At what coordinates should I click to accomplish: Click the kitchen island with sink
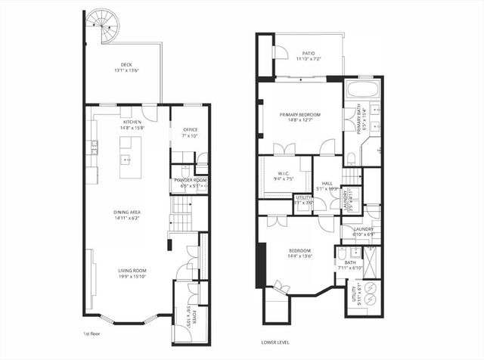click(x=127, y=154)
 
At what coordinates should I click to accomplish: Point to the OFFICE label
click(x=190, y=132)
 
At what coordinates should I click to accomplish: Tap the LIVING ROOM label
click(x=132, y=273)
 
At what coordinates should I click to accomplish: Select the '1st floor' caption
click(x=92, y=334)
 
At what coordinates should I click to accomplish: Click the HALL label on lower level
click(x=327, y=185)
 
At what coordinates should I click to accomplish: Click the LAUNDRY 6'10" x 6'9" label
click(x=364, y=232)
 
